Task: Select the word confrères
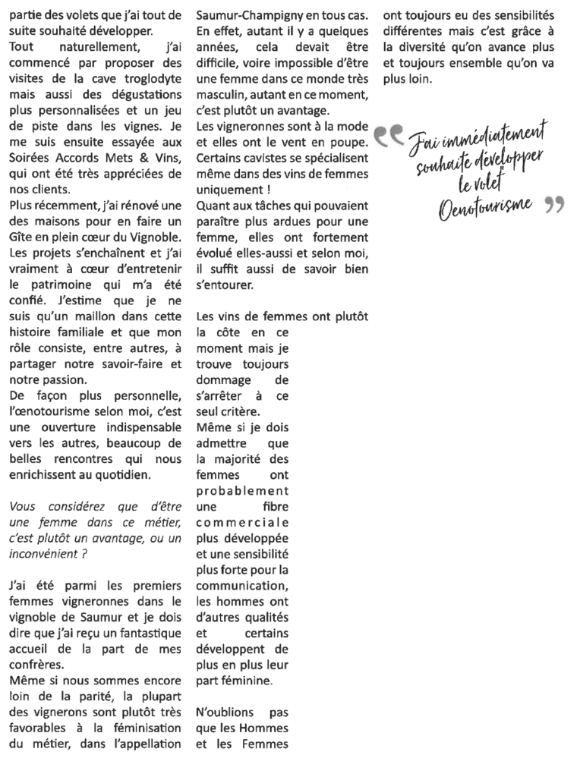point(36,668)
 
